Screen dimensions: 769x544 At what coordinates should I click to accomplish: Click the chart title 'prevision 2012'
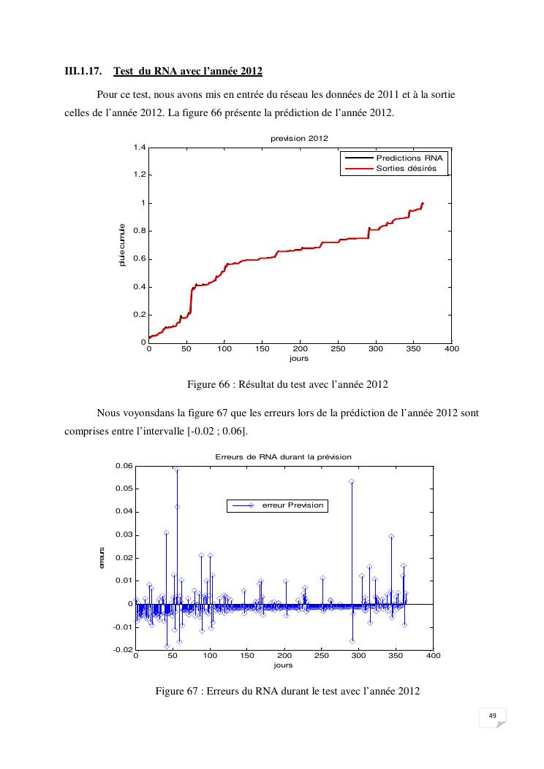[299, 138]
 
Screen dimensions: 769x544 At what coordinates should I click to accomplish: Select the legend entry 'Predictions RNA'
[409, 158]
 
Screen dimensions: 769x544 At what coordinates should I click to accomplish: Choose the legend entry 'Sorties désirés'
[406, 168]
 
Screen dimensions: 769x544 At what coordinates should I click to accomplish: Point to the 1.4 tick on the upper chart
[138, 148]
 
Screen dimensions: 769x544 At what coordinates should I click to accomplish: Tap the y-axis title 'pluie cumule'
[122, 245]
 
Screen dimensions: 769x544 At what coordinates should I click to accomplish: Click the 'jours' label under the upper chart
[299, 359]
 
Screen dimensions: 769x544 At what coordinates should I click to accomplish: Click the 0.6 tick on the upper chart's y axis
[138, 259]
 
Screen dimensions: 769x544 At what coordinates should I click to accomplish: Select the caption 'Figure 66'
[287, 383]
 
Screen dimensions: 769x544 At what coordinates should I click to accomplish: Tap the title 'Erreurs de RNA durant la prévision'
[283, 456]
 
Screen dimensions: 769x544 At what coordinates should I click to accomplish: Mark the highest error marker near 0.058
[177, 470]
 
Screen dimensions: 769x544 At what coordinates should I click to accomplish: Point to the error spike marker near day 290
[352, 482]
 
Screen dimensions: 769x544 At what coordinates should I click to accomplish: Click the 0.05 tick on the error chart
[124, 489]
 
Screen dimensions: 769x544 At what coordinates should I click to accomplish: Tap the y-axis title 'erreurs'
[103, 558]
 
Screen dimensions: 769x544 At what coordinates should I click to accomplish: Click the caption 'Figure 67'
[287, 692]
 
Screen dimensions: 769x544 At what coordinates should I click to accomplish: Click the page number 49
[492, 716]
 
